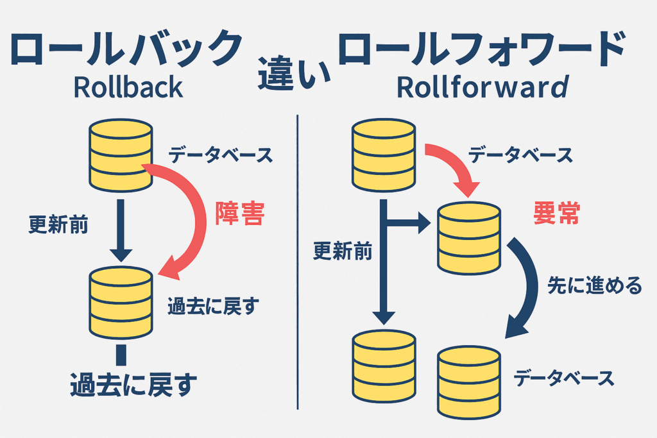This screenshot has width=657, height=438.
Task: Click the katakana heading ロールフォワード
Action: pyautogui.click(x=481, y=49)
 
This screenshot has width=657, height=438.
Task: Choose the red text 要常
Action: pyautogui.click(x=556, y=214)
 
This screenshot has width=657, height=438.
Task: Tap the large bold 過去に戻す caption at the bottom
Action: pyautogui.click(x=133, y=387)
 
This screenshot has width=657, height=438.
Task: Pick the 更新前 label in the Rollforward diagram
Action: pyautogui.click(x=343, y=252)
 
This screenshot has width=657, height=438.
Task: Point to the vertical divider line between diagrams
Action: pyautogui.click(x=298, y=257)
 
